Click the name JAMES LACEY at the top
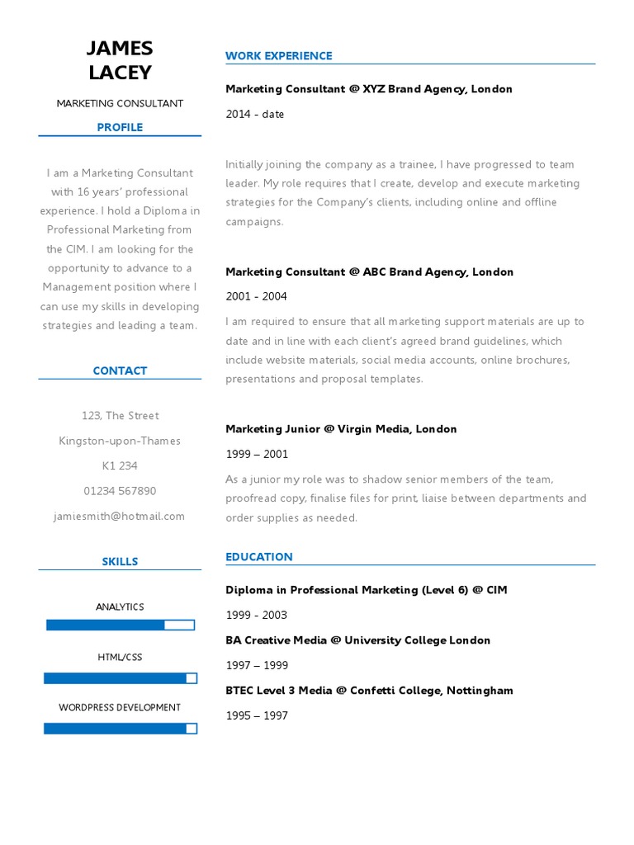[x=120, y=60]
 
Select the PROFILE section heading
[x=120, y=127]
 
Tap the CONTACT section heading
[x=120, y=371]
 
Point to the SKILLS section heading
[x=120, y=561]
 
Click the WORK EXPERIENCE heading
[x=278, y=56]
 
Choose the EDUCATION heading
[x=259, y=557]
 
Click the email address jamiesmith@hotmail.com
[x=120, y=516]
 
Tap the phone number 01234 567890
[x=120, y=491]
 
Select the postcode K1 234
[x=120, y=466]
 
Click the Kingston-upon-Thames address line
[x=120, y=441]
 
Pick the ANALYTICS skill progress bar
[x=120, y=625]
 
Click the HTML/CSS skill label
[x=120, y=657]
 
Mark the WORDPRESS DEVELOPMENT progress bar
[x=120, y=729]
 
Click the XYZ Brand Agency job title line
[x=369, y=89]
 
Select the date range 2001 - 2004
[x=257, y=296]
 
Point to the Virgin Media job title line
[x=341, y=429]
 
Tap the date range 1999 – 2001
[x=257, y=454]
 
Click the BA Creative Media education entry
[x=357, y=640]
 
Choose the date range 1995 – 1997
[x=257, y=715]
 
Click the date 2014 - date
[x=255, y=114]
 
